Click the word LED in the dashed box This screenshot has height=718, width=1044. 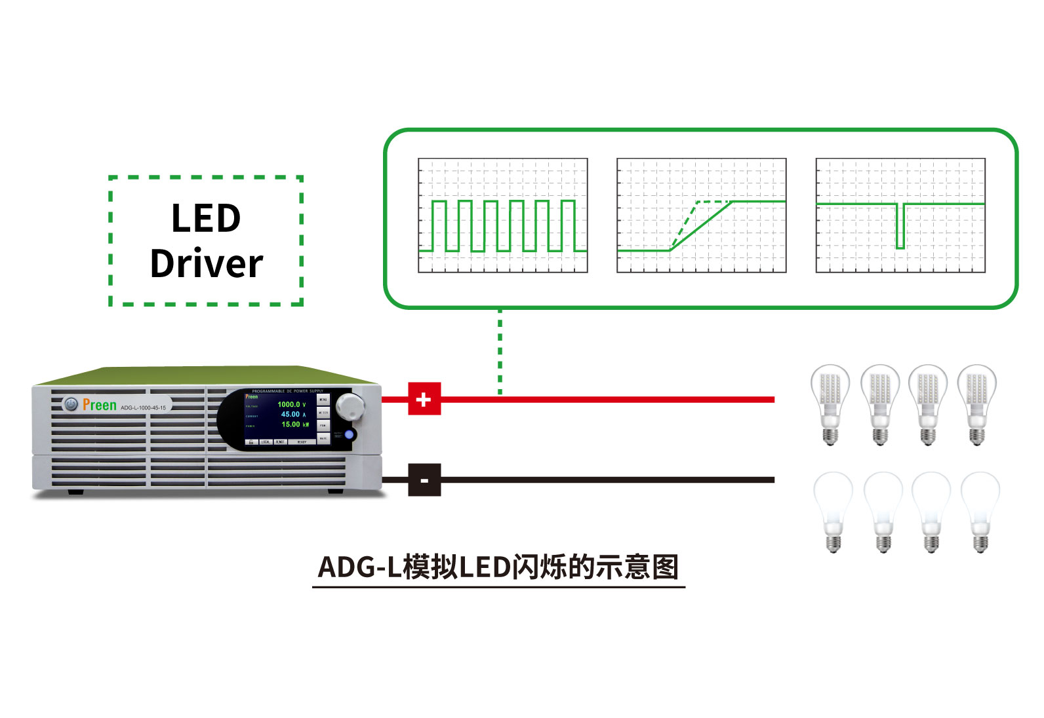point(206,218)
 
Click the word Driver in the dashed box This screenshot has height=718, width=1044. point(207,263)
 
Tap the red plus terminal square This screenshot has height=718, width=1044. point(424,398)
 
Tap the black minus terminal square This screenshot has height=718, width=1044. point(424,480)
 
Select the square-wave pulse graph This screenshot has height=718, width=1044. point(503,215)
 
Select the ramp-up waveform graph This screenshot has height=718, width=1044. point(701,215)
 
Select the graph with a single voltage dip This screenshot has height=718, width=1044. point(900,215)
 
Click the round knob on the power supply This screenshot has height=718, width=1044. point(350,406)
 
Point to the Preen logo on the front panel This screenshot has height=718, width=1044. point(100,406)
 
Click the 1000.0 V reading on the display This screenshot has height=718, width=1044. point(291,404)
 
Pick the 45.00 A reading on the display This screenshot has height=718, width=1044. point(293,414)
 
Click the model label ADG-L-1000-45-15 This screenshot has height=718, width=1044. point(143,407)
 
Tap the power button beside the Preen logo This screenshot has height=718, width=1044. point(71,405)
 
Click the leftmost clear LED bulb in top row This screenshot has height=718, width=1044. point(830,404)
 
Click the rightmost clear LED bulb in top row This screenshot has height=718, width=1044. point(977,404)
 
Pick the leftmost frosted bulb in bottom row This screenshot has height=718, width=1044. point(833,511)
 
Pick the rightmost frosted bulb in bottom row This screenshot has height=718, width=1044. point(980,511)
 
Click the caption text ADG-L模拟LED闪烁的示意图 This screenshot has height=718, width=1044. point(498,567)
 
